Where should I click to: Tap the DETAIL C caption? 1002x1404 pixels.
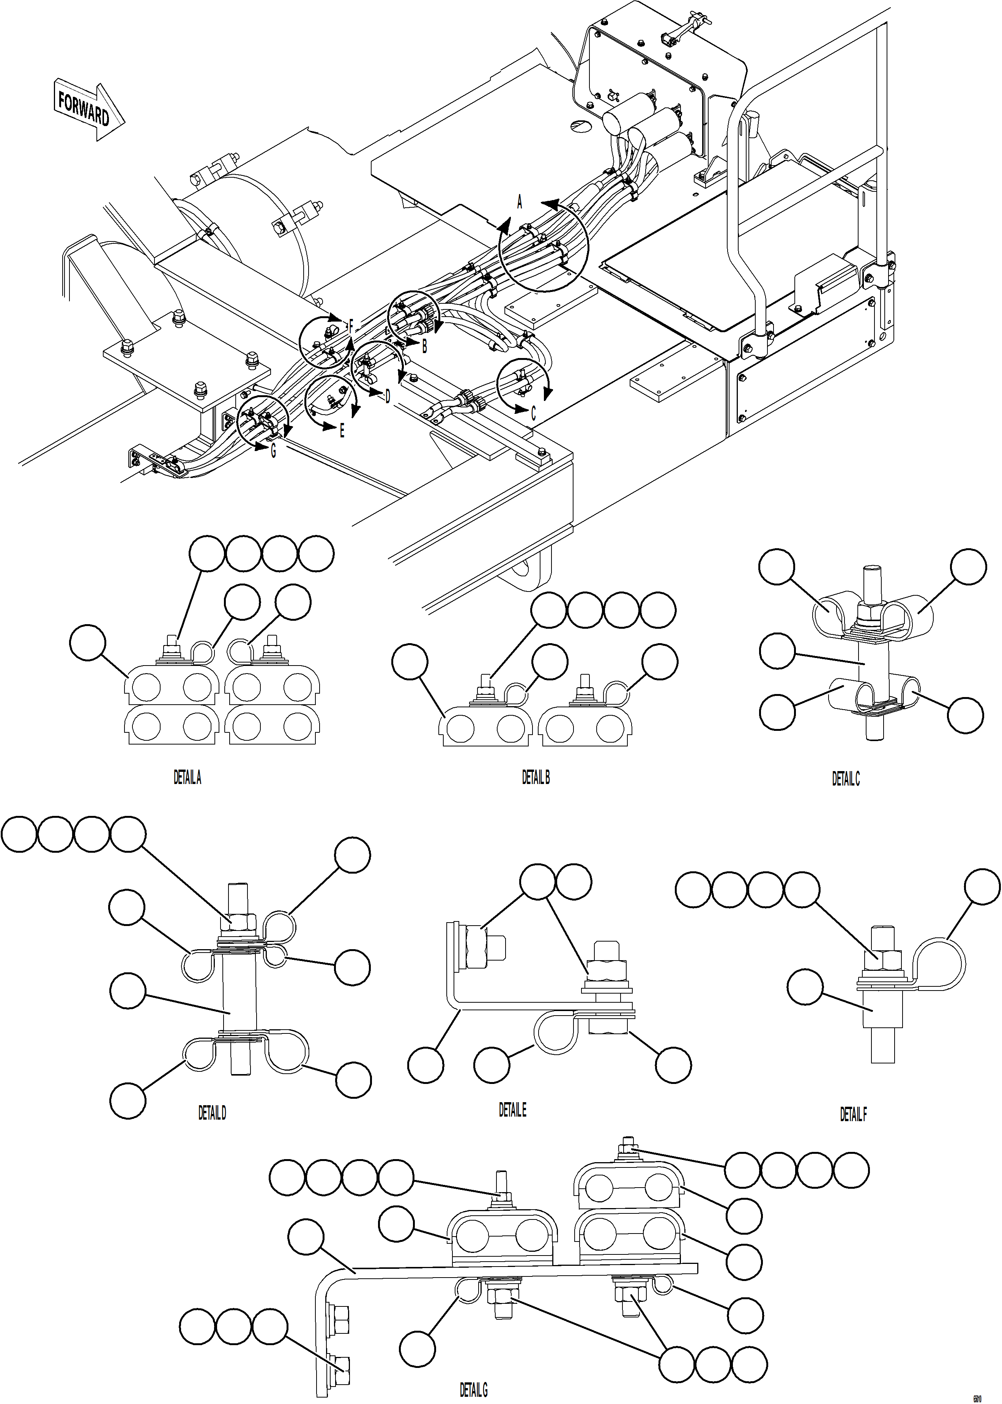click(845, 779)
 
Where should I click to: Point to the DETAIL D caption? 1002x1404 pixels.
click(212, 1113)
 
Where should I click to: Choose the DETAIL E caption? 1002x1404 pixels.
click(512, 1110)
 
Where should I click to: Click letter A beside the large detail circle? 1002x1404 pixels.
click(520, 202)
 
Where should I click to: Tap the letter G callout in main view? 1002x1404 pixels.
click(273, 451)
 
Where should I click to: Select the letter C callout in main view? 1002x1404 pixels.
click(533, 413)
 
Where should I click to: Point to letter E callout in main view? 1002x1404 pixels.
click(342, 431)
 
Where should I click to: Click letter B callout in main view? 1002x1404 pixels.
click(424, 347)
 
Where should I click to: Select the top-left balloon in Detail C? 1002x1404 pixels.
click(776, 566)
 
